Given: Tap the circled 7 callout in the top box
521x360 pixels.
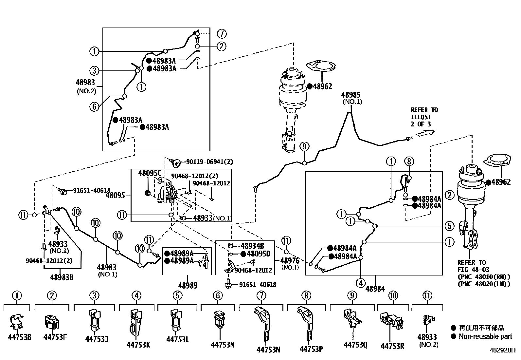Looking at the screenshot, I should [x=222, y=34].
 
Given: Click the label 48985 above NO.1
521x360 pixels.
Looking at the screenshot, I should [x=351, y=95].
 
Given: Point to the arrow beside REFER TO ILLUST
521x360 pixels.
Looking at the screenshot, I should [x=425, y=133].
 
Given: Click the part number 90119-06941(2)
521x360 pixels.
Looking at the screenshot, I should [x=209, y=162].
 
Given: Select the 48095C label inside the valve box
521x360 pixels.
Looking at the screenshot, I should [x=150, y=173].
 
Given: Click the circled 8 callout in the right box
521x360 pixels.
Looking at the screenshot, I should [x=409, y=161].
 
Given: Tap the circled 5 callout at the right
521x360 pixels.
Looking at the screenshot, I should [x=449, y=226].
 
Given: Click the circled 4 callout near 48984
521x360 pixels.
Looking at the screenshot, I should [x=361, y=283].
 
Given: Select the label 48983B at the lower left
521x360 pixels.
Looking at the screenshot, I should [x=62, y=277].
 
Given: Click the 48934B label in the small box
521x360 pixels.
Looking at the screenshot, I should [x=252, y=246].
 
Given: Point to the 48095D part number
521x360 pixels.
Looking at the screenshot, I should [x=259, y=254].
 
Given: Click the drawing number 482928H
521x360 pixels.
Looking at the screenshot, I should [x=502, y=351].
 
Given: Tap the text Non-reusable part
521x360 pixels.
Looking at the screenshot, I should [x=485, y=336].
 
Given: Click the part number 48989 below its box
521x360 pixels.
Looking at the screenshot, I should [x=188, y=286].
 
